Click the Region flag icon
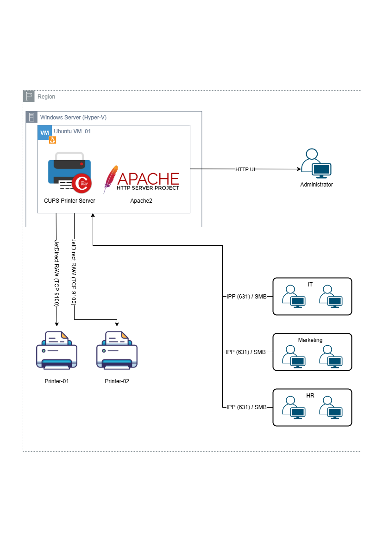(29, 96)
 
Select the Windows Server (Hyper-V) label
(73, 118)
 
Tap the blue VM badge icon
(44, 132)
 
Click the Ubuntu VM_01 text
(72, 131)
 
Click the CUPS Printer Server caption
(69, 201)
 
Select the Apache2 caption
(141, 201)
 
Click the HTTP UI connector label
(245, 169)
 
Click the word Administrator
(316, 185)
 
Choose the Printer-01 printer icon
(57, 350)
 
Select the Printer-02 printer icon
(117, 350)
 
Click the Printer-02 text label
(117, 381)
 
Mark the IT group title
(310, 284)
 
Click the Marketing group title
(310, 340)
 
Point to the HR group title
(310, 395)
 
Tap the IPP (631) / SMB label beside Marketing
(246, 352)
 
